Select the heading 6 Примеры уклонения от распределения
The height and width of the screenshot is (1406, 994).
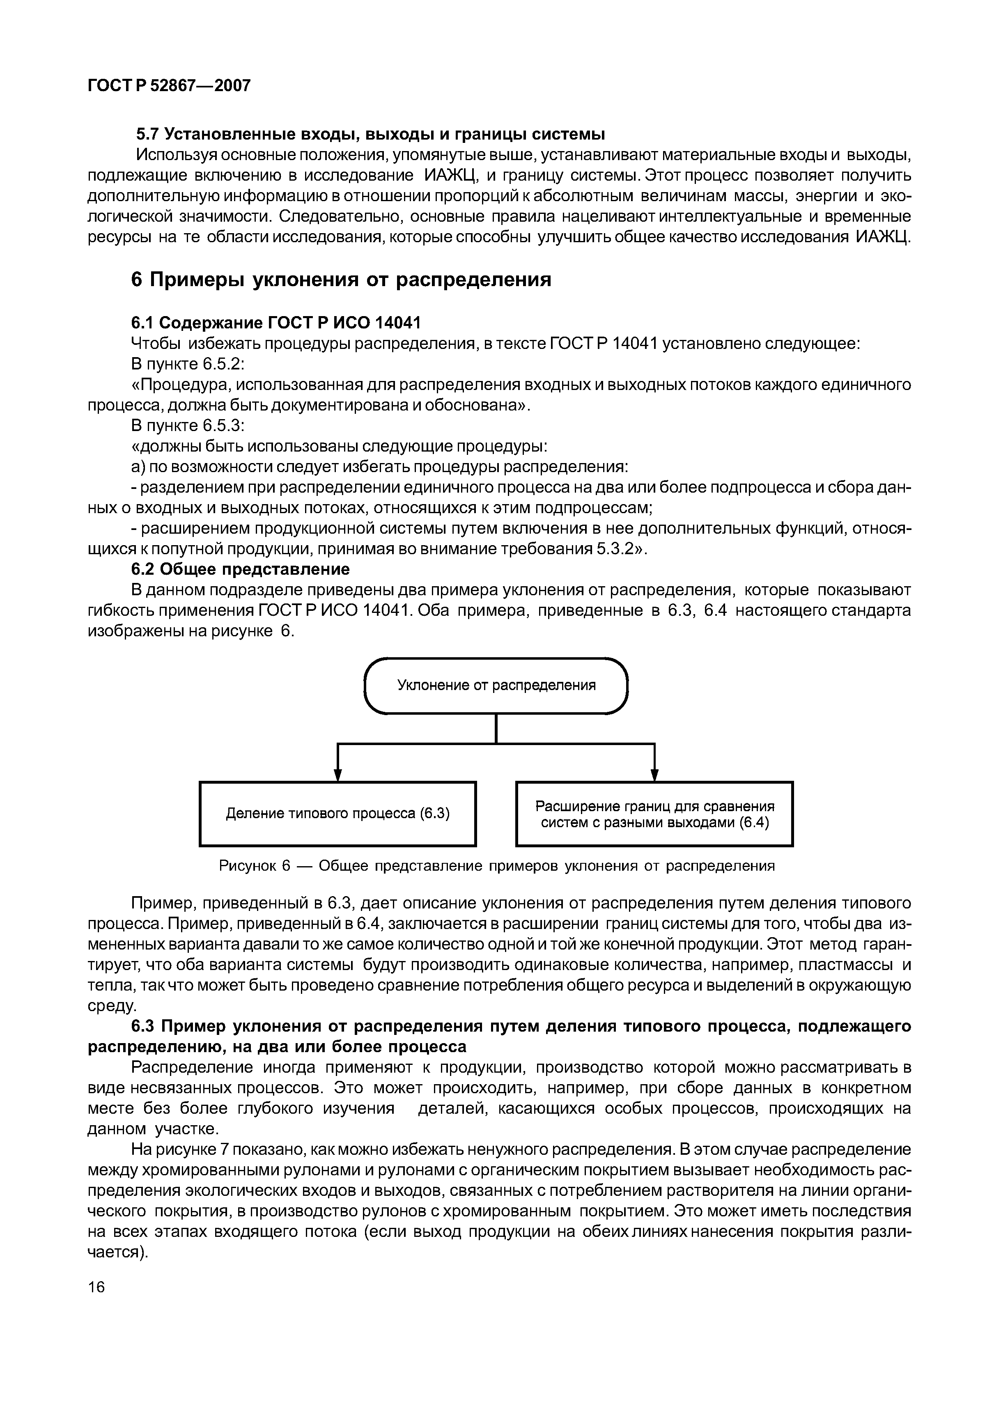pos(341,280)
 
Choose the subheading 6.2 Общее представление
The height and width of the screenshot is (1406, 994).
pos(240,569)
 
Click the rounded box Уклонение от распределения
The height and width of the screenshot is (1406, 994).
pos(496,685)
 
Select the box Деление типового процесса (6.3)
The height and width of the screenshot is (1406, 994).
pos(337,813)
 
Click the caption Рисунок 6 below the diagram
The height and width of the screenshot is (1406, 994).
pos(497,866)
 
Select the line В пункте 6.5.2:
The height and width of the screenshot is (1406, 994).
pos(188,365)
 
